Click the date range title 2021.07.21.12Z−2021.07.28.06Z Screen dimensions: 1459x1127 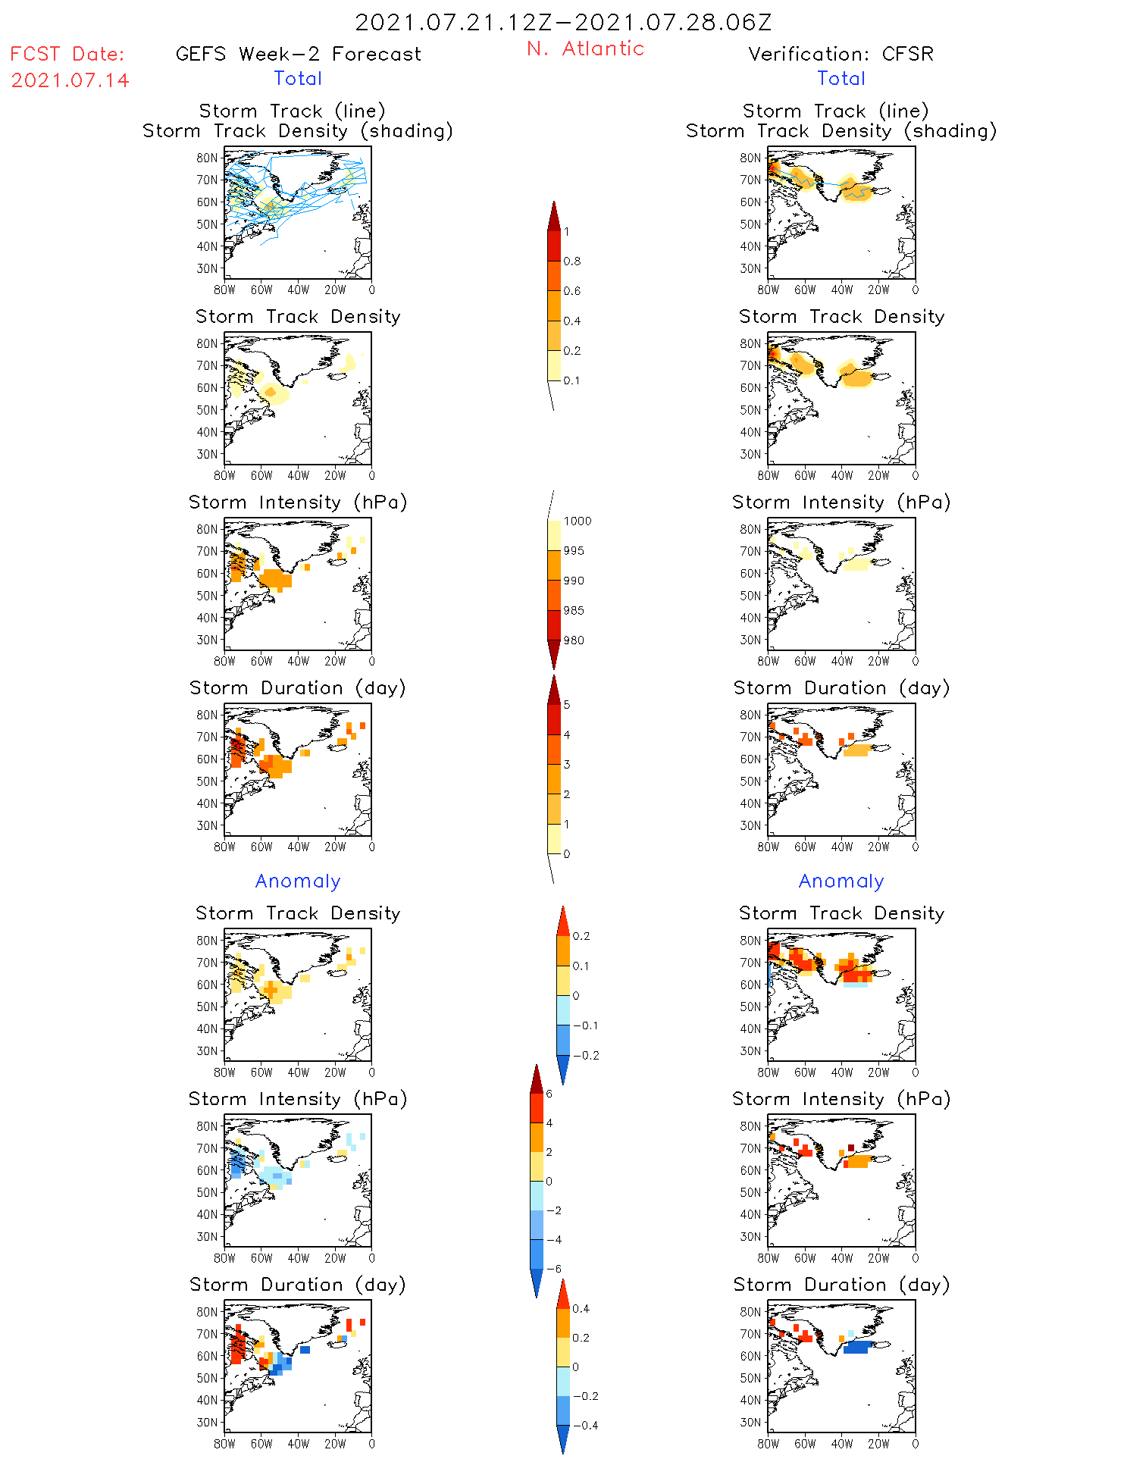click(x=563, y=23)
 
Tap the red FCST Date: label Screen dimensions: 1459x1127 click(x=67, y=55)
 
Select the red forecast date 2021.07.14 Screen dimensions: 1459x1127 click(x=70, y=80)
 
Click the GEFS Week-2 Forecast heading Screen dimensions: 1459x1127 click(x=298, y=55)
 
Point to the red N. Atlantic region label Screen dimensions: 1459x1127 click(x=585, y=49)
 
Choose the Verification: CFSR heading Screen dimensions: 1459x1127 click(x=841, y=55)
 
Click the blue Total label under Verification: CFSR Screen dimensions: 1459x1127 click(x=841, y=79)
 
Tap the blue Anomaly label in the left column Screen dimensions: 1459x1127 click(x=298, y=881)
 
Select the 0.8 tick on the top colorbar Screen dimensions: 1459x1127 click(x=572, y=261)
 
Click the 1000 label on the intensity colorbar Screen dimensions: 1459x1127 click(x=577, y=521)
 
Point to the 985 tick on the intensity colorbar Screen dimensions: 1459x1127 click(x=574, y=611)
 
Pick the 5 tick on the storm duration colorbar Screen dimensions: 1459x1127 click(x=567, y=705)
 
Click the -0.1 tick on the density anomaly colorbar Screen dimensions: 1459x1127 click(x=585, y=1025)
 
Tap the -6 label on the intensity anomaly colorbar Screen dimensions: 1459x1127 click(x=554, y=1269)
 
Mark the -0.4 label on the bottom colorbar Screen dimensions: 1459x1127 click(x=585, y=1425)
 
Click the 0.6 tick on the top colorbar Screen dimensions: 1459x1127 click(x=572, y=291)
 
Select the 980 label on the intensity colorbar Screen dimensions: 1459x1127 click(x=574, y=640)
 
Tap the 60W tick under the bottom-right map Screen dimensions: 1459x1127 click(x=805, y=1444)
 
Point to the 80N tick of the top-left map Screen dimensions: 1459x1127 click(x=207, y=158)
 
